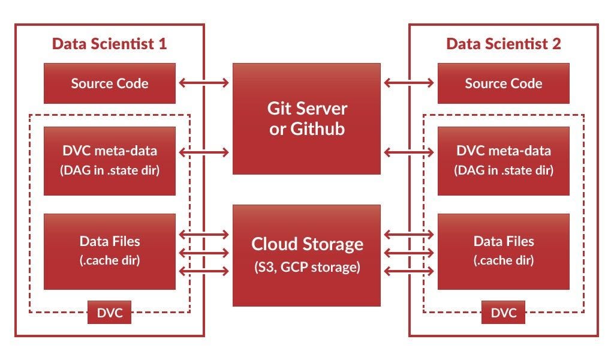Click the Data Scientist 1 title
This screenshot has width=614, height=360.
click(x=109, y=44)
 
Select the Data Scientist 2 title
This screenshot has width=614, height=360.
click(x=504, y=44)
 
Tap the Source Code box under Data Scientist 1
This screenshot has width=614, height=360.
click(x=110, y=83)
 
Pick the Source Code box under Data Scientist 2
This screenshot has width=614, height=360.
click(x=504, y=83)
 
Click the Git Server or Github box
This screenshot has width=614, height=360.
click(x=306, y=119)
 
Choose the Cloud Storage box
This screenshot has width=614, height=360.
click(x=306, y=255)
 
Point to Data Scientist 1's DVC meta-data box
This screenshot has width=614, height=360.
click(x=110, y=160)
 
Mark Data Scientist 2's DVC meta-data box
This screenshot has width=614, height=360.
click(x=504, y=160)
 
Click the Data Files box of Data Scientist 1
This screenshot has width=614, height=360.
click(x=110, y=251)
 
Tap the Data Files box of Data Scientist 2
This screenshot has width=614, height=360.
click(x=504, y=251)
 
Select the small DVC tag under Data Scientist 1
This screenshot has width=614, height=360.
click(x=109, y=313)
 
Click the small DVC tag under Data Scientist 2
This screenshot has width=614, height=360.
click(x=503, y=313)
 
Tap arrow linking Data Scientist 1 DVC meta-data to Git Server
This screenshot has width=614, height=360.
click(x=204, y=152)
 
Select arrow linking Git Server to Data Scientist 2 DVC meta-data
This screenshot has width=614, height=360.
click(x=409, y=152)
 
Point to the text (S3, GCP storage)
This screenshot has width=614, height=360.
click(x=306, y=266)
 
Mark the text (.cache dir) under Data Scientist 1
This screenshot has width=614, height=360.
click(x=110, y=261)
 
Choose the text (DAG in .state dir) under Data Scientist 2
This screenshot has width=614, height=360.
click(x=504, y=170)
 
